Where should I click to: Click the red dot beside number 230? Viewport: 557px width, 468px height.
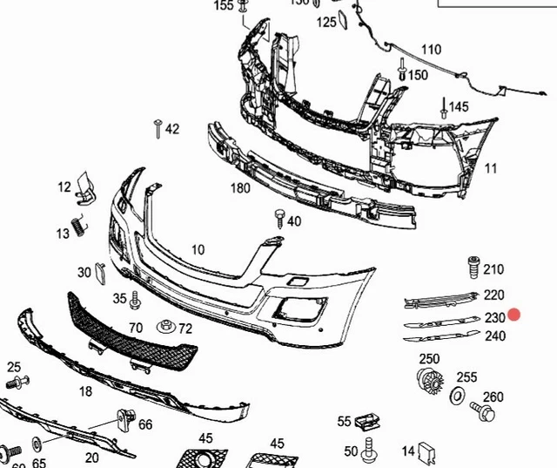[514, 315]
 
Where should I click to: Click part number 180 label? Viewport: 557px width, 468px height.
[240, 188]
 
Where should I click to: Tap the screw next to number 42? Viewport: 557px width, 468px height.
[158, 128]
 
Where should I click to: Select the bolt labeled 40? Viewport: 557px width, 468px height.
[279, 217]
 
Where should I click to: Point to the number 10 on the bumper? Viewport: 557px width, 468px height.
[198, 250]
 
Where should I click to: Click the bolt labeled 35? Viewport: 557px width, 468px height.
[135, 302]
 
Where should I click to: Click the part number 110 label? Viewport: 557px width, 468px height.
[432, 49]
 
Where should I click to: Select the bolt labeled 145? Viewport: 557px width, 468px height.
[444, 109]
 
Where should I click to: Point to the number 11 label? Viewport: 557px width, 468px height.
[491, 168]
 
